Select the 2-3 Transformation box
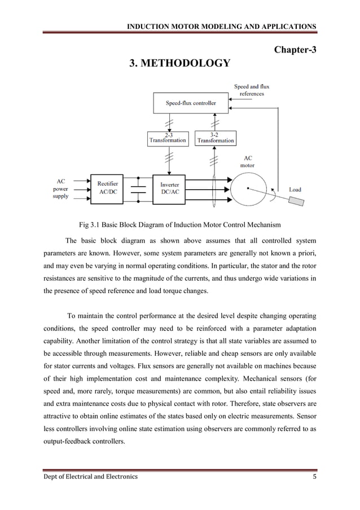(x=168, y=138)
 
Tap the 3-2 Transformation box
(x=214, y=138)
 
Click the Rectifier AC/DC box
(x=107, y=188)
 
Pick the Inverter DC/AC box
(x=170, y=189)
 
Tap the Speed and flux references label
(x=252, y=90)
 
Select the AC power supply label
(x=60, y=190)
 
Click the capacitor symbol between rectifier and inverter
(x=137, y=189)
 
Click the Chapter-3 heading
(x=295, y=50)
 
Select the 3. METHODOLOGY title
(x=180, y=63)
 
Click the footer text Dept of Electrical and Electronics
(x=90, y=477)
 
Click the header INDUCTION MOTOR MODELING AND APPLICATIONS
(x=222, y=27)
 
